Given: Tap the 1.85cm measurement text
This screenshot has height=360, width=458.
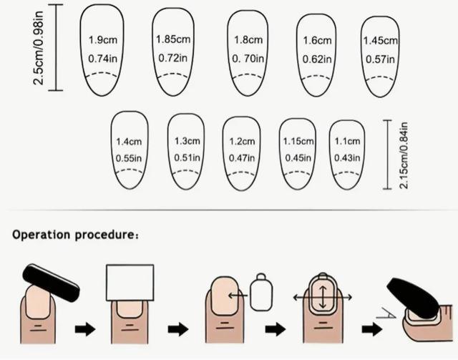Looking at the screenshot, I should coord(172,39).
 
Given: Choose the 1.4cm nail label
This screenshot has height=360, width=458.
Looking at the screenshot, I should coord(130,141).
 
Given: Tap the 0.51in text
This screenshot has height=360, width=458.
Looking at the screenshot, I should coord(187,157).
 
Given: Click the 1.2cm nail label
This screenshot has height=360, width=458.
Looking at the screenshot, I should coord(242,141).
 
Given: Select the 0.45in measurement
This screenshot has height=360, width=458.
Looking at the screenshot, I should coord(297,157).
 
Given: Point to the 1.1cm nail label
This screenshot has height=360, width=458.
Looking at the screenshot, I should coord(347,141).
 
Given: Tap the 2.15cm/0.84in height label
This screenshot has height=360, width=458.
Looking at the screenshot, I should coord(404,155).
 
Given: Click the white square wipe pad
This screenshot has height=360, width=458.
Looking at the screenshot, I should coord(130,283).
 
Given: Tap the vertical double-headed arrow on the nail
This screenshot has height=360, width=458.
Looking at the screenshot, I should coord(322,295).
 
